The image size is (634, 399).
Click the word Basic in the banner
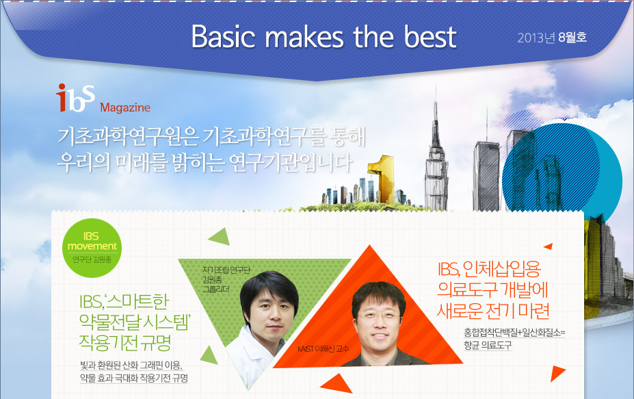[x=223, y=37]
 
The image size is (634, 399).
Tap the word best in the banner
[x=430, y=37]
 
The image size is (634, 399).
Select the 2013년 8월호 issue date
[x=552, y=38]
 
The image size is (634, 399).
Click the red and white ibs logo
[x=76, y=98]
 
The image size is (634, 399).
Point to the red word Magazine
[x=125, y=107]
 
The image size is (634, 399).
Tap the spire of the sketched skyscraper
[x=436, y=117]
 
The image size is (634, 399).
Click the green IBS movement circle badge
[x=92, y=248]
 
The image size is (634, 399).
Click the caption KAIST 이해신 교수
[x=323, y=349]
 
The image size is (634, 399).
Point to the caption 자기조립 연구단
[x=226, y=270]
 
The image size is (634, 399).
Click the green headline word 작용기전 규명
[x=125, y=343]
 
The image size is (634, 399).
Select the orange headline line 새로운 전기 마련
[x=493, y=311]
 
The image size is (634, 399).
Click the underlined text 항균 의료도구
[x=488, y=345]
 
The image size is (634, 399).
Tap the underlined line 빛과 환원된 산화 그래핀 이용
[x=131, y=365]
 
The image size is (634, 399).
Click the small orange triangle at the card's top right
[x=549, y=246]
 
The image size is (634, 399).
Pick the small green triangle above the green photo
[x=220, y=237]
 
